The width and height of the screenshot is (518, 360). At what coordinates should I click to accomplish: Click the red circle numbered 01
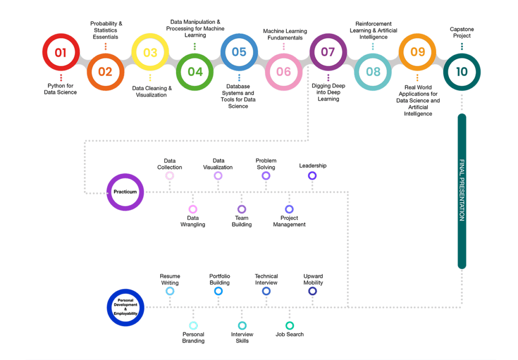61,52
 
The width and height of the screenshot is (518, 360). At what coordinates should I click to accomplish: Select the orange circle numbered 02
105,71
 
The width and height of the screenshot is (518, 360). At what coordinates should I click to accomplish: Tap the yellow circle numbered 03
150,52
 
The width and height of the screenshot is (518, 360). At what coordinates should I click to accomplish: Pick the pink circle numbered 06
283,71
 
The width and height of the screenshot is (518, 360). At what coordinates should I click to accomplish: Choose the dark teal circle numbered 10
461,71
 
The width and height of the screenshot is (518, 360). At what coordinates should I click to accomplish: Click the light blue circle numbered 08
373,71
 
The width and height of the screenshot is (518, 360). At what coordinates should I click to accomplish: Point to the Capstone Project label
461,32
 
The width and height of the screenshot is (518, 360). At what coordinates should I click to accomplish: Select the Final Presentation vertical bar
461,191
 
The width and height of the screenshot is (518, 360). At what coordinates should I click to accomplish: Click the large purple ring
125,192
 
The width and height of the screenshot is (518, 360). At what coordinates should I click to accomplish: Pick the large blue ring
125,307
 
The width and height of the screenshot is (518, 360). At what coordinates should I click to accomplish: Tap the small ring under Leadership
312,175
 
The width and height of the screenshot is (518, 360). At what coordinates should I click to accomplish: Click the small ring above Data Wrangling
193,209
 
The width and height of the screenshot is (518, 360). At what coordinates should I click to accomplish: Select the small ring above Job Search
289,325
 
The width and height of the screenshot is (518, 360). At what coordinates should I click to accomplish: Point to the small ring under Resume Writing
170,291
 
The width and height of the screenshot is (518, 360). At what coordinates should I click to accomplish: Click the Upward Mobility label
313,280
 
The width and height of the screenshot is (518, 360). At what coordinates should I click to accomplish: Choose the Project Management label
289,221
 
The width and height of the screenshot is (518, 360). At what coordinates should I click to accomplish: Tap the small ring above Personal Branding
193,325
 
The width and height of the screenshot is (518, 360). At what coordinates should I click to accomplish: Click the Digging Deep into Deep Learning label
328,93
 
